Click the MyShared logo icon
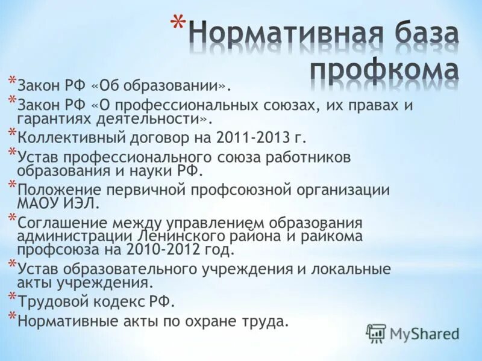pyautogui.click(x=376, y=333)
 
